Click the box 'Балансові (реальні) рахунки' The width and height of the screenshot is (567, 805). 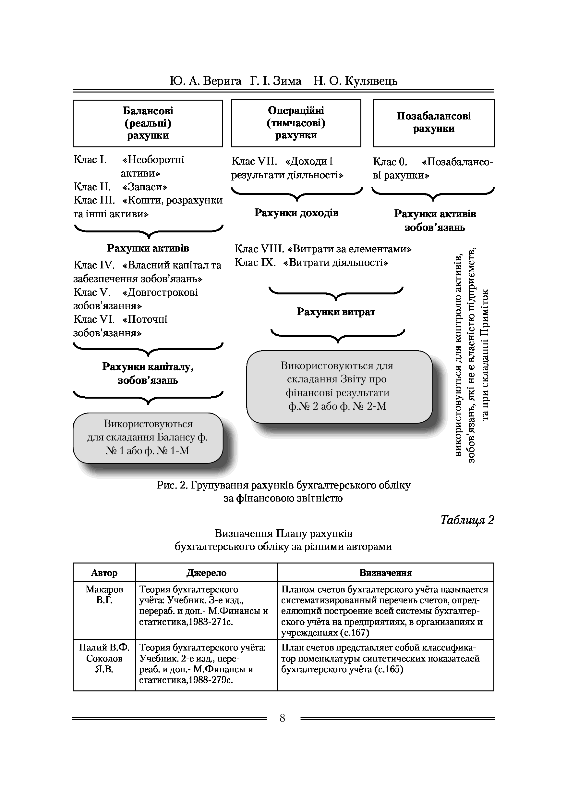[148, 123]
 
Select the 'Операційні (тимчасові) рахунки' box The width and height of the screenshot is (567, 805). [296, 123]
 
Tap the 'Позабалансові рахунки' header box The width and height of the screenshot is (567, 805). [433, 123]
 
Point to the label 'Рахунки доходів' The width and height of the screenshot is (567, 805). [296, 213]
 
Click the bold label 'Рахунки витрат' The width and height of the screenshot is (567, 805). [336, 312]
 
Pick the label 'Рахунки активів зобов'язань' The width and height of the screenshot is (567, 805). [435, 220]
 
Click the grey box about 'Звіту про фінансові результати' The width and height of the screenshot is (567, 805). [339, 386]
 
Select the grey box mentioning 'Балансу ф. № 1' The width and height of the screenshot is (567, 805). [148, 438]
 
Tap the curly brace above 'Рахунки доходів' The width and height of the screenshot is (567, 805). [297, 193]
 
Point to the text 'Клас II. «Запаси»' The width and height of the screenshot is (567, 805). [121, 187]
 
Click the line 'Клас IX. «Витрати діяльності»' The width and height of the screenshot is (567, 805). [311, 263]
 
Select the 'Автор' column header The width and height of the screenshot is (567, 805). [104, 573]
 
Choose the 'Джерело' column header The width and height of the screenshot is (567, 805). [206, 573]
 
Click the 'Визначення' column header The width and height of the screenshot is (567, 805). [385, 573]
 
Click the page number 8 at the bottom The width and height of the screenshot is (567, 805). [283, 718]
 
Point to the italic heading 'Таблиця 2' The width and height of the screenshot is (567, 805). [467, 520]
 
